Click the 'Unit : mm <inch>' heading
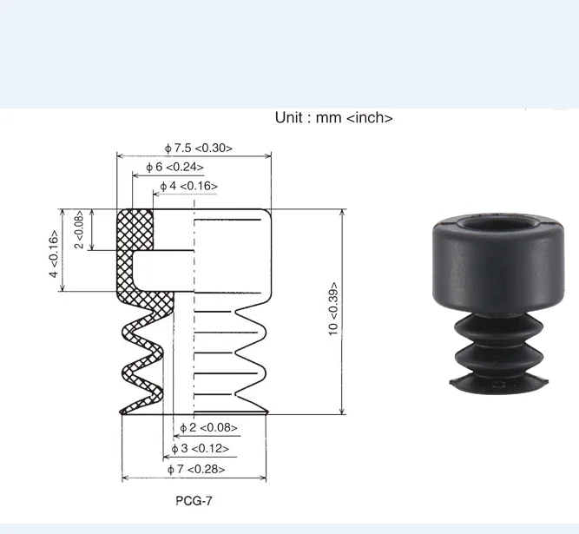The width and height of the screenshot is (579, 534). [x=333, y=117]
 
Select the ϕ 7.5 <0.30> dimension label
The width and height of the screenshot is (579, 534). [x=198, y=148]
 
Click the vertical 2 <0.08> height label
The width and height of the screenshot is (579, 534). [x=79, y=230]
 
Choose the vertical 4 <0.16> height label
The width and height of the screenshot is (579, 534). [x=53, y=254]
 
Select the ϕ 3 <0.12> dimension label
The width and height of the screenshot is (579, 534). [x=201, y=448]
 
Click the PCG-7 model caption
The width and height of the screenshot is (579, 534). [x=194, y=501]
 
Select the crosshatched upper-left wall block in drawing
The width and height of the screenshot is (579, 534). [x=135, y=230]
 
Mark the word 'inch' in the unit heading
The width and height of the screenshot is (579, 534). [x=369, y=117]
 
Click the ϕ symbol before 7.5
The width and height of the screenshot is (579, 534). [x=168, y=148]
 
